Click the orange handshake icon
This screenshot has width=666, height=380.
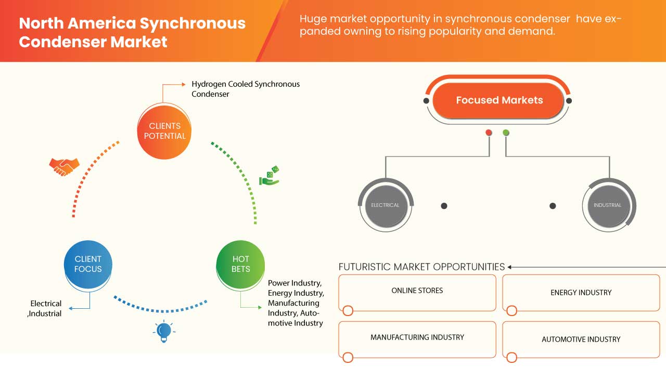(64, 166)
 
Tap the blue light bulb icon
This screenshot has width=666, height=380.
(164, 331)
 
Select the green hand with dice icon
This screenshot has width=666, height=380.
(270, 176)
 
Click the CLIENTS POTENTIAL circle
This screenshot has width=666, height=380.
(164, 131)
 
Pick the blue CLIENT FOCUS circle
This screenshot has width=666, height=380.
(88, 264)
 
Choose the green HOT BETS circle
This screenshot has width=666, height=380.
(240, 264)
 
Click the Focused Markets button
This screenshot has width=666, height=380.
(499, 100)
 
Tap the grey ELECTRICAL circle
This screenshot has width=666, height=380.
(385, 205)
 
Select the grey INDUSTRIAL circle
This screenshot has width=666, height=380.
(607, 205)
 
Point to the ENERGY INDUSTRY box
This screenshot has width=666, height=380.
(581, 293)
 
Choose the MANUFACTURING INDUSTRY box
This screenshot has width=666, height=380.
(417, 338)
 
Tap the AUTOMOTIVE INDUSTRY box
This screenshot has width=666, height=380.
(581, 339)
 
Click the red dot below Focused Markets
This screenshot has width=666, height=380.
(489, 133)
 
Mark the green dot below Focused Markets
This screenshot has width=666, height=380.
(506, 133)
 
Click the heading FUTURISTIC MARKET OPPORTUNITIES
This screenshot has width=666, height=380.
(421, 267)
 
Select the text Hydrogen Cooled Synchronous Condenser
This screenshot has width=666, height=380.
(246, 89)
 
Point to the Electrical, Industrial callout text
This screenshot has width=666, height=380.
(46, 308)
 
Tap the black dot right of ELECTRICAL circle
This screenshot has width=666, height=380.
(444, 206)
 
